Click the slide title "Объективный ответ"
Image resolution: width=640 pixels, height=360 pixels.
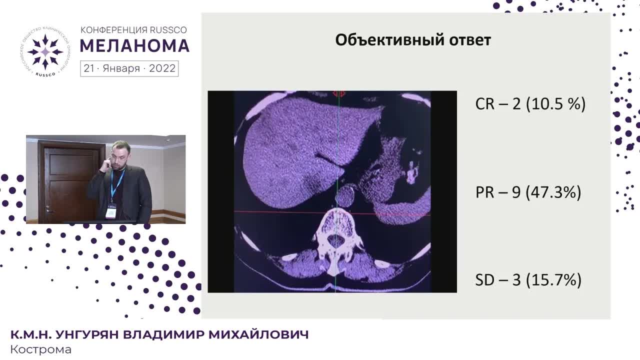[x=413, y=40]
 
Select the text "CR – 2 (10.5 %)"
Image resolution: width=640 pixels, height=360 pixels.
[x=530, y=104]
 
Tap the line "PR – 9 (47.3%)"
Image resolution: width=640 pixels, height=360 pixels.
[x=528, y=192]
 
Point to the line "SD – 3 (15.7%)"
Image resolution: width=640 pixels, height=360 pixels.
[x=528, y=280]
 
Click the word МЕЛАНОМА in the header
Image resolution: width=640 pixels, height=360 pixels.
[x=134, y=46]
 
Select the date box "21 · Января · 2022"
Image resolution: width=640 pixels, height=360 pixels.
[x=129, y=68]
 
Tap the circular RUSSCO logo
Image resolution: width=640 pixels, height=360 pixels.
[x=45, y=52]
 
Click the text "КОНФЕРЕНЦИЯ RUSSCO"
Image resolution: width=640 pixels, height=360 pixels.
[x=133, y=30]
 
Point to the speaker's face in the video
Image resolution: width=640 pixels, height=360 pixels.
[x=120, y=158]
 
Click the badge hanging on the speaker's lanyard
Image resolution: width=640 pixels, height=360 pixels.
[x=111, y=212]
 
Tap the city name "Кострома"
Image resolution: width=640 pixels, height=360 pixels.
[x=41, y=349]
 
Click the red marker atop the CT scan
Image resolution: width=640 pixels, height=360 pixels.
[x=339, y=93]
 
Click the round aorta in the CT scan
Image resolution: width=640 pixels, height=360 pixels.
[x=345, y=195]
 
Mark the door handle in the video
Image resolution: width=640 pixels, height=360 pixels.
[x=48, y=206]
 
